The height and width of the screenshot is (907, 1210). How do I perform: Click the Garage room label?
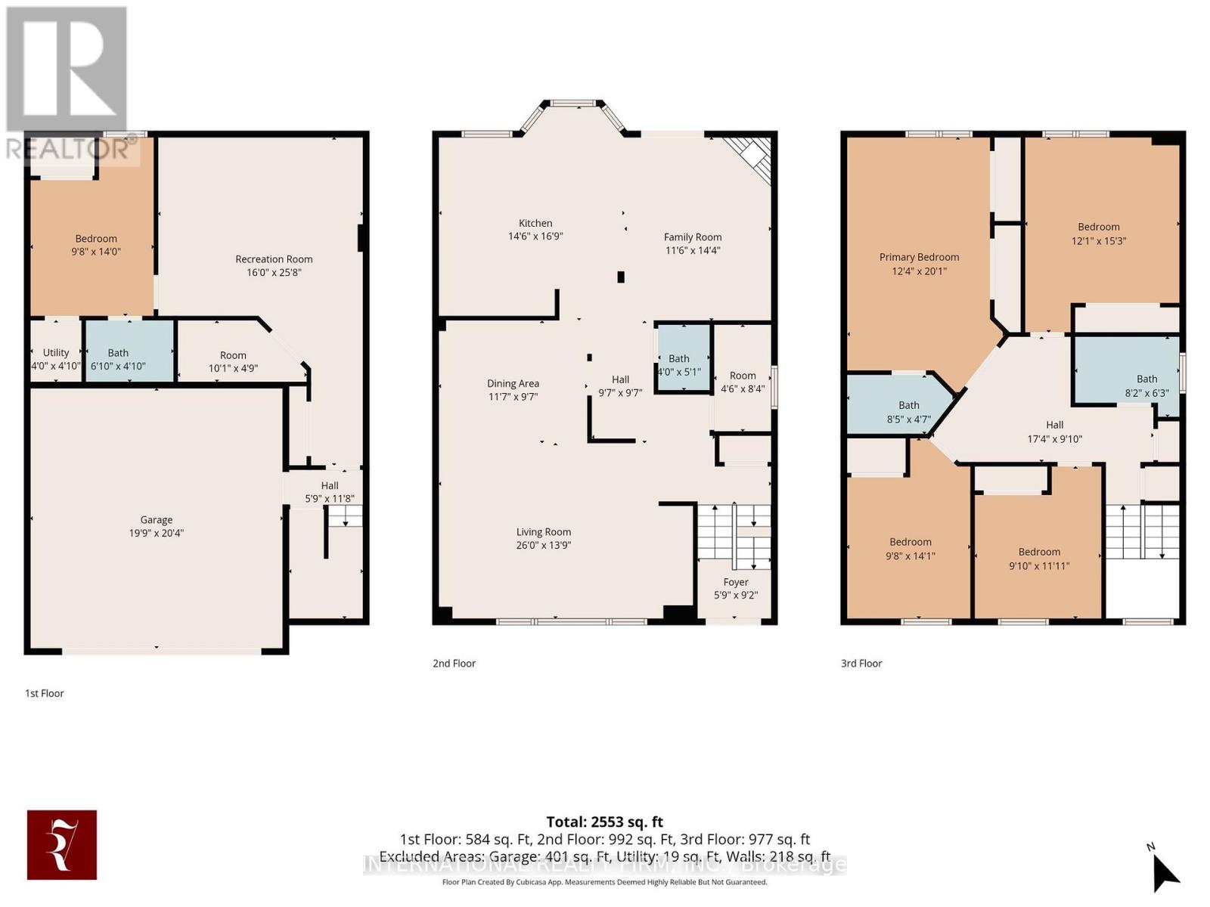157,520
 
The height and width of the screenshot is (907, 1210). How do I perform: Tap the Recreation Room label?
274,259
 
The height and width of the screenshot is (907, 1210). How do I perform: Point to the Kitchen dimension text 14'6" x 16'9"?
535,236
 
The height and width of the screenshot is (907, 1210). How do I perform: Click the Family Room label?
693,237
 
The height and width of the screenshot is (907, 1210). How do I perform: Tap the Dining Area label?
513,384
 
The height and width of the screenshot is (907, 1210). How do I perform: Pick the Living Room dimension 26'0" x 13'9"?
544,545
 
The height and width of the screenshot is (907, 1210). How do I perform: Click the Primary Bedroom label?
919,258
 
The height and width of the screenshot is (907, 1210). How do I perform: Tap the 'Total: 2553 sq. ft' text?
604,822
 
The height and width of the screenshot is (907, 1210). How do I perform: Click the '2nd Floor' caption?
454,664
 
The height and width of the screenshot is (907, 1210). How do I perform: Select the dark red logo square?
62,845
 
